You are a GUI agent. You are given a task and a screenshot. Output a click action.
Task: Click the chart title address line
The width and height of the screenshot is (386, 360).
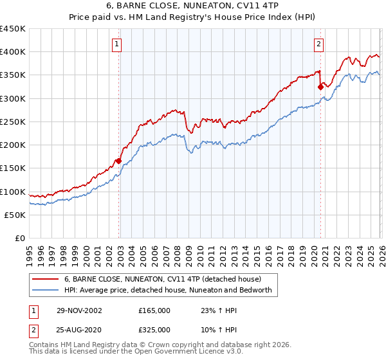(192, 6)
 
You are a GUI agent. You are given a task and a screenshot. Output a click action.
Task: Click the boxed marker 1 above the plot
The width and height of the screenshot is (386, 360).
(116, 44)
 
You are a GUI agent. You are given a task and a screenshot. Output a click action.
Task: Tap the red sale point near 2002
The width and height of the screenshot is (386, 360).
(119, 161)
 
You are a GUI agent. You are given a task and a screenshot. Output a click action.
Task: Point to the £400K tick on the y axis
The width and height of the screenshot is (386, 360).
(13, 52)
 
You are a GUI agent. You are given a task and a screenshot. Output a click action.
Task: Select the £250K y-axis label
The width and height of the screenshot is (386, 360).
(13, 122)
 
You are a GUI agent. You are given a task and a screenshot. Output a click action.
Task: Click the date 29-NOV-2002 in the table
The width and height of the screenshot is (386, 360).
(79, 310)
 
